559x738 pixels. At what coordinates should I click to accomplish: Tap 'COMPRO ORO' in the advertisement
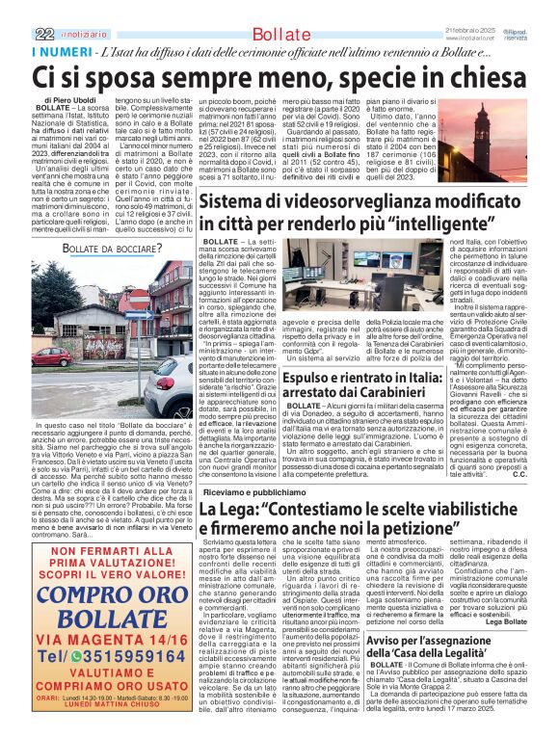pos(104,589)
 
